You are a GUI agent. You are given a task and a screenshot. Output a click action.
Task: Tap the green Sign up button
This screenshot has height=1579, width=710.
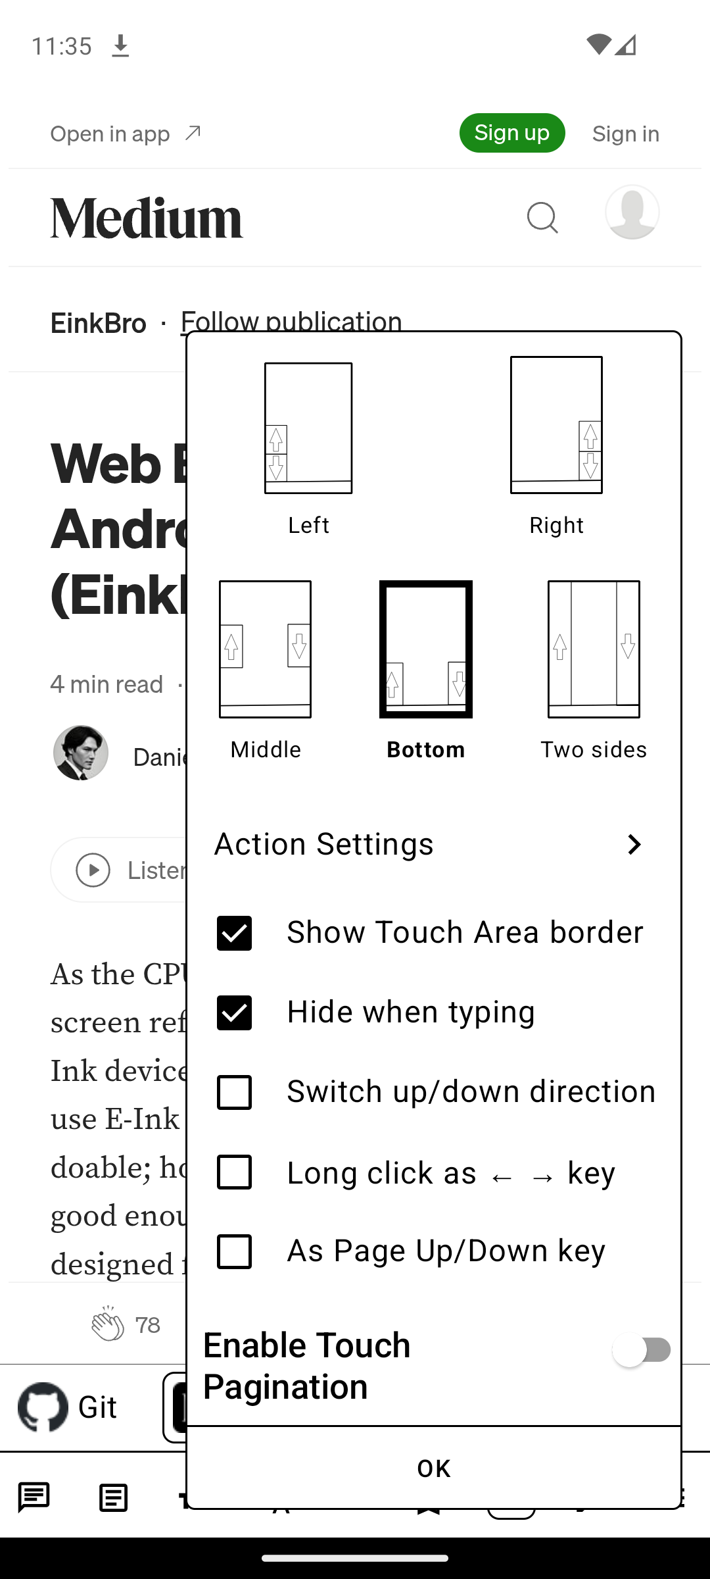tap(511, 133)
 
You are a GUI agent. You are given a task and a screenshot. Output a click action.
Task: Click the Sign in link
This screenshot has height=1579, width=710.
tap(625, 134)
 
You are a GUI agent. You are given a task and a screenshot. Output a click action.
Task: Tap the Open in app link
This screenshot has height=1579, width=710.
tap(126, 134)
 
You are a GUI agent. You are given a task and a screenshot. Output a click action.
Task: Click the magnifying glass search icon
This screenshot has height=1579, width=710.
tap(542, 217)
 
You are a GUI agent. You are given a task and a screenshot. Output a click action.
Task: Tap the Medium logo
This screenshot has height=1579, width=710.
tap(147, 218)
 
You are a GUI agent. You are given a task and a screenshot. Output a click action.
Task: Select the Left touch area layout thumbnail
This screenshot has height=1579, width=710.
tap(308, 428)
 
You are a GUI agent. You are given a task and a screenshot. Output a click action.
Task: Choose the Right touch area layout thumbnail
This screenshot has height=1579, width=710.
tap(556, 425)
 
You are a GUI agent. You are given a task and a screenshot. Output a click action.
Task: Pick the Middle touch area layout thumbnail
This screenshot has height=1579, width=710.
tap(265, 649)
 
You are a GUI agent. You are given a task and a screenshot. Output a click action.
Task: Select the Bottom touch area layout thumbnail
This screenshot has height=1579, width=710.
tap(426, 649)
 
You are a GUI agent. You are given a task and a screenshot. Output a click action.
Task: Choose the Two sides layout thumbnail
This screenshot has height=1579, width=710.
tap(594, 649)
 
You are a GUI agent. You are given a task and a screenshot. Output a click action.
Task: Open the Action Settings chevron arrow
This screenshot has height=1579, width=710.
tap(634, 844)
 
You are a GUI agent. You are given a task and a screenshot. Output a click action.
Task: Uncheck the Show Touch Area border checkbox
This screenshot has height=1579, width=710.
tap(234, 933)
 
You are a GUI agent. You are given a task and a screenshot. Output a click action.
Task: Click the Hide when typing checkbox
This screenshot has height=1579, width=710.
tap(234, 1013)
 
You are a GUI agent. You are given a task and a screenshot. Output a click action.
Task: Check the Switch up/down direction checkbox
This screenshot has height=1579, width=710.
tap(234, 1092)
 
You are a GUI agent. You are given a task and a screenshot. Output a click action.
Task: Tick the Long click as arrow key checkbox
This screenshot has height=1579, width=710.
tap(234, 1172)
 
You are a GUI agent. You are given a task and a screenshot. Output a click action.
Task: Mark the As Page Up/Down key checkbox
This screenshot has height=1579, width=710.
tap(234, 1251)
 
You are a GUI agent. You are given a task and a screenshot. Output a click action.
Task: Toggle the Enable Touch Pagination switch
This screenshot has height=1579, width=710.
tap(641, 1351)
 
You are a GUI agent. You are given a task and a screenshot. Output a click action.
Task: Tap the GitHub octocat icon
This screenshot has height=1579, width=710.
tap(43, 1407)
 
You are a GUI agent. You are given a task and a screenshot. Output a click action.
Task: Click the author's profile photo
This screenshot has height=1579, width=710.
tap(81, 753)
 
